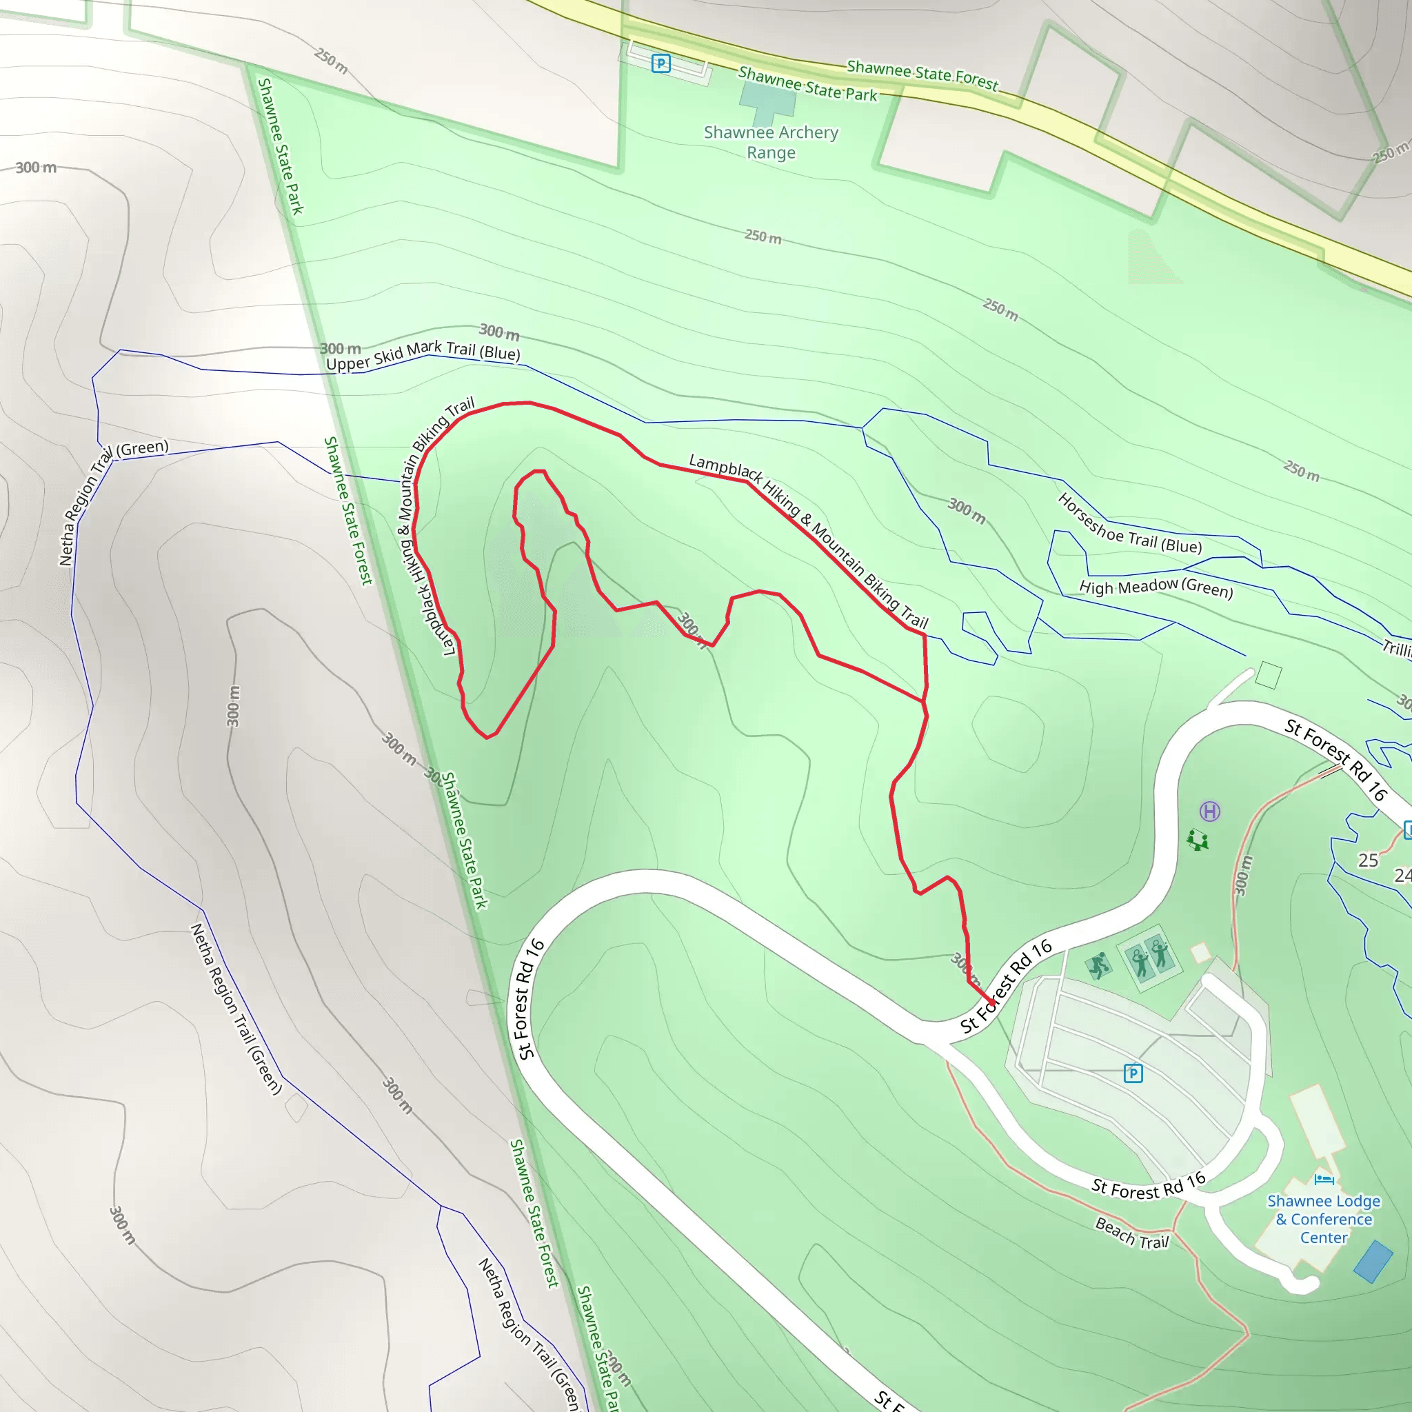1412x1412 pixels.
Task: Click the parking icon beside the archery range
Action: [660, 63]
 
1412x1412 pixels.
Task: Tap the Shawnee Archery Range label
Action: [771, 143]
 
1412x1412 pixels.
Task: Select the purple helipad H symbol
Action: [1209, 811]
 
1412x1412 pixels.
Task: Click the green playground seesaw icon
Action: [1197, 840]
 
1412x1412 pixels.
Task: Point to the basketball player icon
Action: [1098, 965]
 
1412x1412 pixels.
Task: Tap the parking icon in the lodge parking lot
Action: [1133, 1073]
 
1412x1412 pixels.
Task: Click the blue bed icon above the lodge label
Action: [1324, 1179]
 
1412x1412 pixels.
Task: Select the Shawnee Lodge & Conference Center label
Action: [1324, 1219]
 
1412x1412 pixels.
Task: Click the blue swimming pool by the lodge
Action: [1373, 1261]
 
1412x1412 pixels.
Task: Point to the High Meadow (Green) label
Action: [1156, 587]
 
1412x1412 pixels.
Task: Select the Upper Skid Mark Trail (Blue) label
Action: [423, 355]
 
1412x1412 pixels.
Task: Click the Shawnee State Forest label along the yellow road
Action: [922, 74]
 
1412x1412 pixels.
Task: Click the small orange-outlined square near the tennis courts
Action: [1200, 953]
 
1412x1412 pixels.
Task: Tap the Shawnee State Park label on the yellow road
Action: [807, 84]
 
